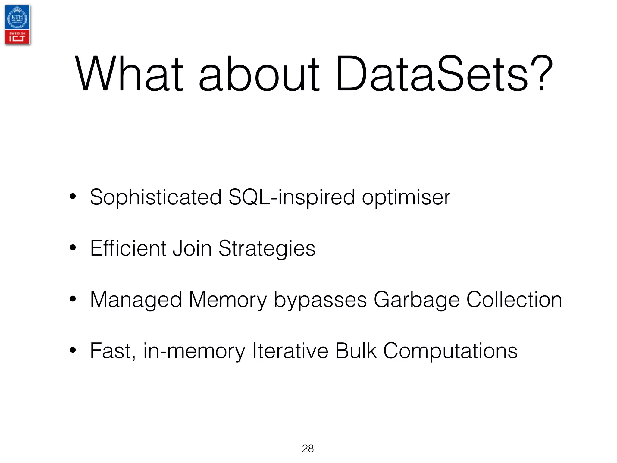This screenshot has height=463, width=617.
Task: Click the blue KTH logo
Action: pos(17,17)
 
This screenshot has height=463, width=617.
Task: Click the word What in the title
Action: pos(129,74)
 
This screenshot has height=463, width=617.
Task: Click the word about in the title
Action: pos(259,74)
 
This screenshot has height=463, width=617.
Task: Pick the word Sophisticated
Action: pos(156,197)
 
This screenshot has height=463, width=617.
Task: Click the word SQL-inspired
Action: pos(292,197)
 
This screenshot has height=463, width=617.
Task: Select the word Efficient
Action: pos(128,248)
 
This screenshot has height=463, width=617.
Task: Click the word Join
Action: pos(192,248)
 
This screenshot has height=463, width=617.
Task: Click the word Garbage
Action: pos(417,300)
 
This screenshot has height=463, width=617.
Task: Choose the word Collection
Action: pos(514,300)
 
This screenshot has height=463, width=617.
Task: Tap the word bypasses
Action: pos(320,300)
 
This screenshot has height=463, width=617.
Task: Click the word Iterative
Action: pos(290,351)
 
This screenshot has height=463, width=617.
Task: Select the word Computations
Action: pos(450,351)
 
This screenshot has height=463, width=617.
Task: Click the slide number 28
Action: pos(308,449)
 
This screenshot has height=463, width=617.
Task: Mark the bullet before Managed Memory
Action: pos(73,299)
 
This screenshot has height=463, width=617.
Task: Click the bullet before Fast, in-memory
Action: pos(73,350)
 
